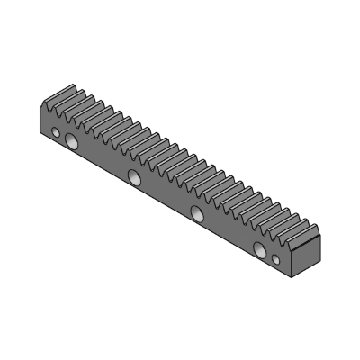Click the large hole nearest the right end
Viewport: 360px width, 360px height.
coord(260,248)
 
